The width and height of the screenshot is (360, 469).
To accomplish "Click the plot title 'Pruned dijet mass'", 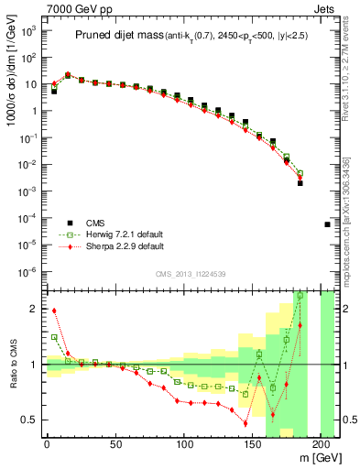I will point(117,36).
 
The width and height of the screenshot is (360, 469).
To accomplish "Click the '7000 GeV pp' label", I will point(74,8).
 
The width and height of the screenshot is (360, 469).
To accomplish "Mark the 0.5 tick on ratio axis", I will point(30,420).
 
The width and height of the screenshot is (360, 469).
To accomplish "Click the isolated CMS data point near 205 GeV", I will point(328,224).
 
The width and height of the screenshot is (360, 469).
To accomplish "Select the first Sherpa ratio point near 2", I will point(54,311).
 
